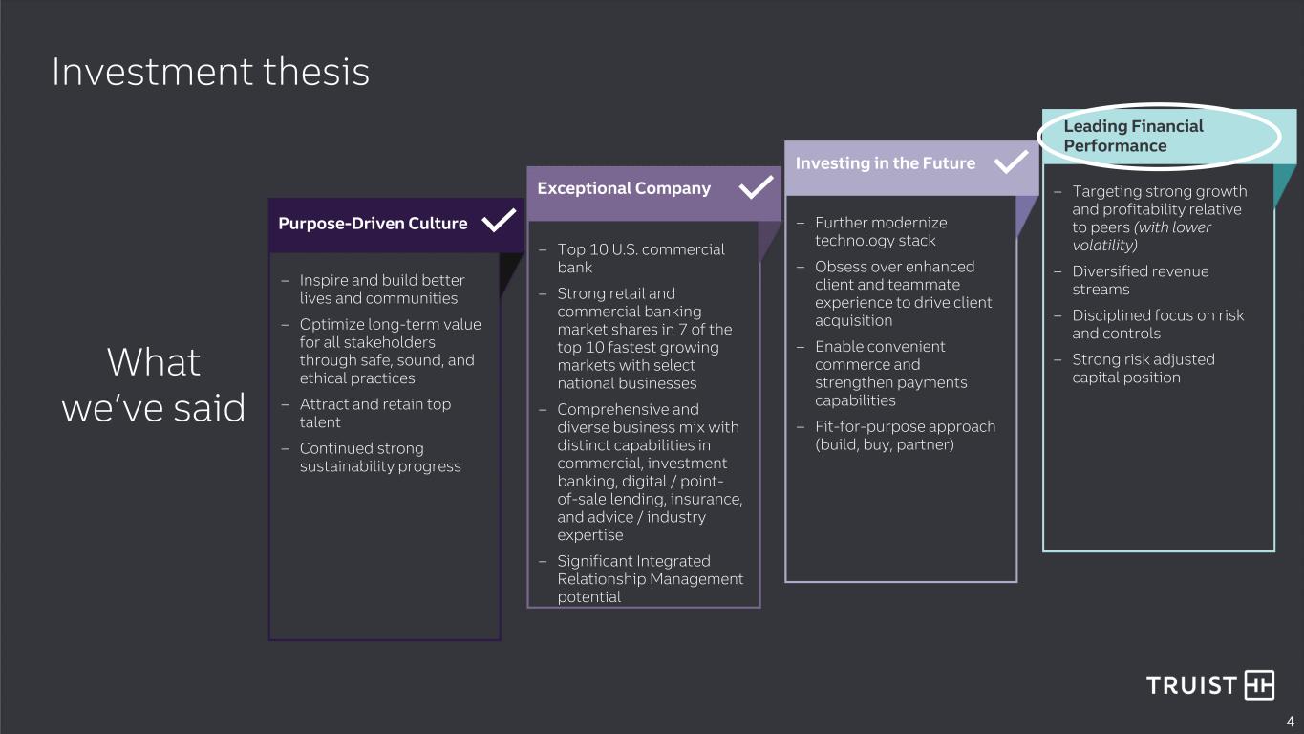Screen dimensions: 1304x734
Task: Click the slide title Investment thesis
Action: tap(211, 72)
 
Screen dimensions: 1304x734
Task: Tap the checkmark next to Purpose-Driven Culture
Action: tap(499, 220)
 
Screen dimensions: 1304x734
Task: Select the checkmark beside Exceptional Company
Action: tap(756, 187)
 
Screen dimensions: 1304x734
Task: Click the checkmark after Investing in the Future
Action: tap(1011, 162)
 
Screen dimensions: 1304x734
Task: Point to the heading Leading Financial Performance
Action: tap(1133, 136)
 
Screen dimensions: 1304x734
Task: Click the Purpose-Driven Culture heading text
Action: tap(373, 223)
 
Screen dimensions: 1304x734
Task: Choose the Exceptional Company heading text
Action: tap(624, 188)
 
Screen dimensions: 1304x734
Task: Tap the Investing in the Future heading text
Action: tap(885, 163)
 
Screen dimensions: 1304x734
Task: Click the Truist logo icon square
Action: tap(1259, 684)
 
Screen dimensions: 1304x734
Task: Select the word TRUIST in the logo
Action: tap(1191, 685)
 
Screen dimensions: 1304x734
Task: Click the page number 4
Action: tap(1290, 722)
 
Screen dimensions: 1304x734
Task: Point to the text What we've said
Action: tap(154, 384)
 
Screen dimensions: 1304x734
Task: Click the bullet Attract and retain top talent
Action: tap(375, 413)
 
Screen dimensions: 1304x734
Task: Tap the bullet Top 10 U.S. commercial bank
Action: tap(641, 258)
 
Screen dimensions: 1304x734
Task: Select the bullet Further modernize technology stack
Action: tap(881, 231)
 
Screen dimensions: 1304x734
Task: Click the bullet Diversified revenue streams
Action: tap(1141, 280)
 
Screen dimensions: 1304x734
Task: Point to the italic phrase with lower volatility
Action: tap(1142, 236)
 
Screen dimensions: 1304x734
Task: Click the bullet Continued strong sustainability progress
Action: tap(380, 457)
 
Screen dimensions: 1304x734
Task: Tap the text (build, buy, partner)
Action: tap(885, 444)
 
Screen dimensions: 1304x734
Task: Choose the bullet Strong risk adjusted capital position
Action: tap(1144, 368)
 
